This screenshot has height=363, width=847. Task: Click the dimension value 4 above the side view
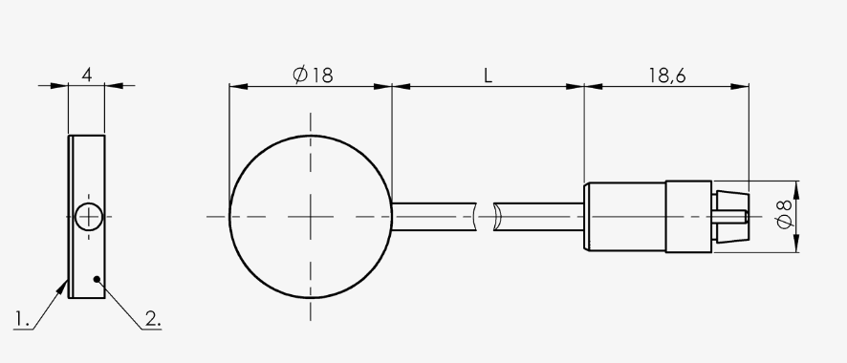(86, 75)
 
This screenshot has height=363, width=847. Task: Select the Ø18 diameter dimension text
(314, 75)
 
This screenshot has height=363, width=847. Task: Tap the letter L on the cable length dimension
(488, 75)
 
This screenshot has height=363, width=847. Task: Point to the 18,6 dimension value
(667, 75)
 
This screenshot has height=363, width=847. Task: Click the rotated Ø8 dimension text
(784, 214)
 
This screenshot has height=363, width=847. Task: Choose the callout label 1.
(22, 319)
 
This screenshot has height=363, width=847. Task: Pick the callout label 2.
(153, 319)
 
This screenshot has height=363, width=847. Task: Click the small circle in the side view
(89, 217)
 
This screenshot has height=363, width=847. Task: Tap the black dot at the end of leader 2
(97, 279)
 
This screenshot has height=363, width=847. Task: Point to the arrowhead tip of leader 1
(68, 281)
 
